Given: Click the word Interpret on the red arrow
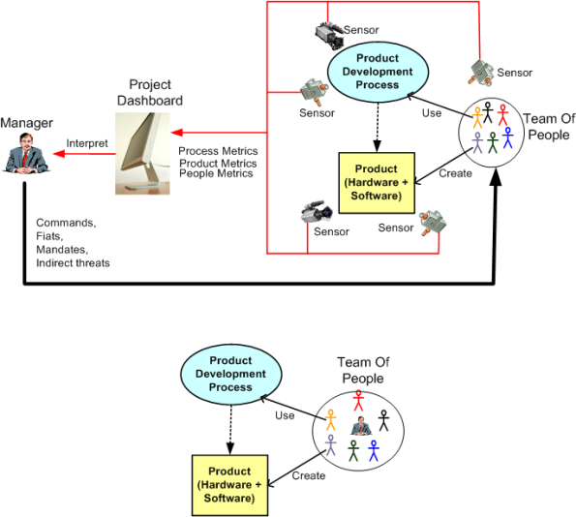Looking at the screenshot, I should click(86, 143).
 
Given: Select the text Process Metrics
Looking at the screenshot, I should click(218, 151).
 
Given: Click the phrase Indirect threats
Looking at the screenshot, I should click(73, 262).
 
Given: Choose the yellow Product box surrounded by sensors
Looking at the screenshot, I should click(376, 181).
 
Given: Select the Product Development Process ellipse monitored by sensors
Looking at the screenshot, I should click(371, 72).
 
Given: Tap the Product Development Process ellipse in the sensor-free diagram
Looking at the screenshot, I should click(230, 374).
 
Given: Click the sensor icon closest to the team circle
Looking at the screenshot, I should click(481, 70).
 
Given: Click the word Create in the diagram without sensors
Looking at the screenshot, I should click(309, 475).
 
